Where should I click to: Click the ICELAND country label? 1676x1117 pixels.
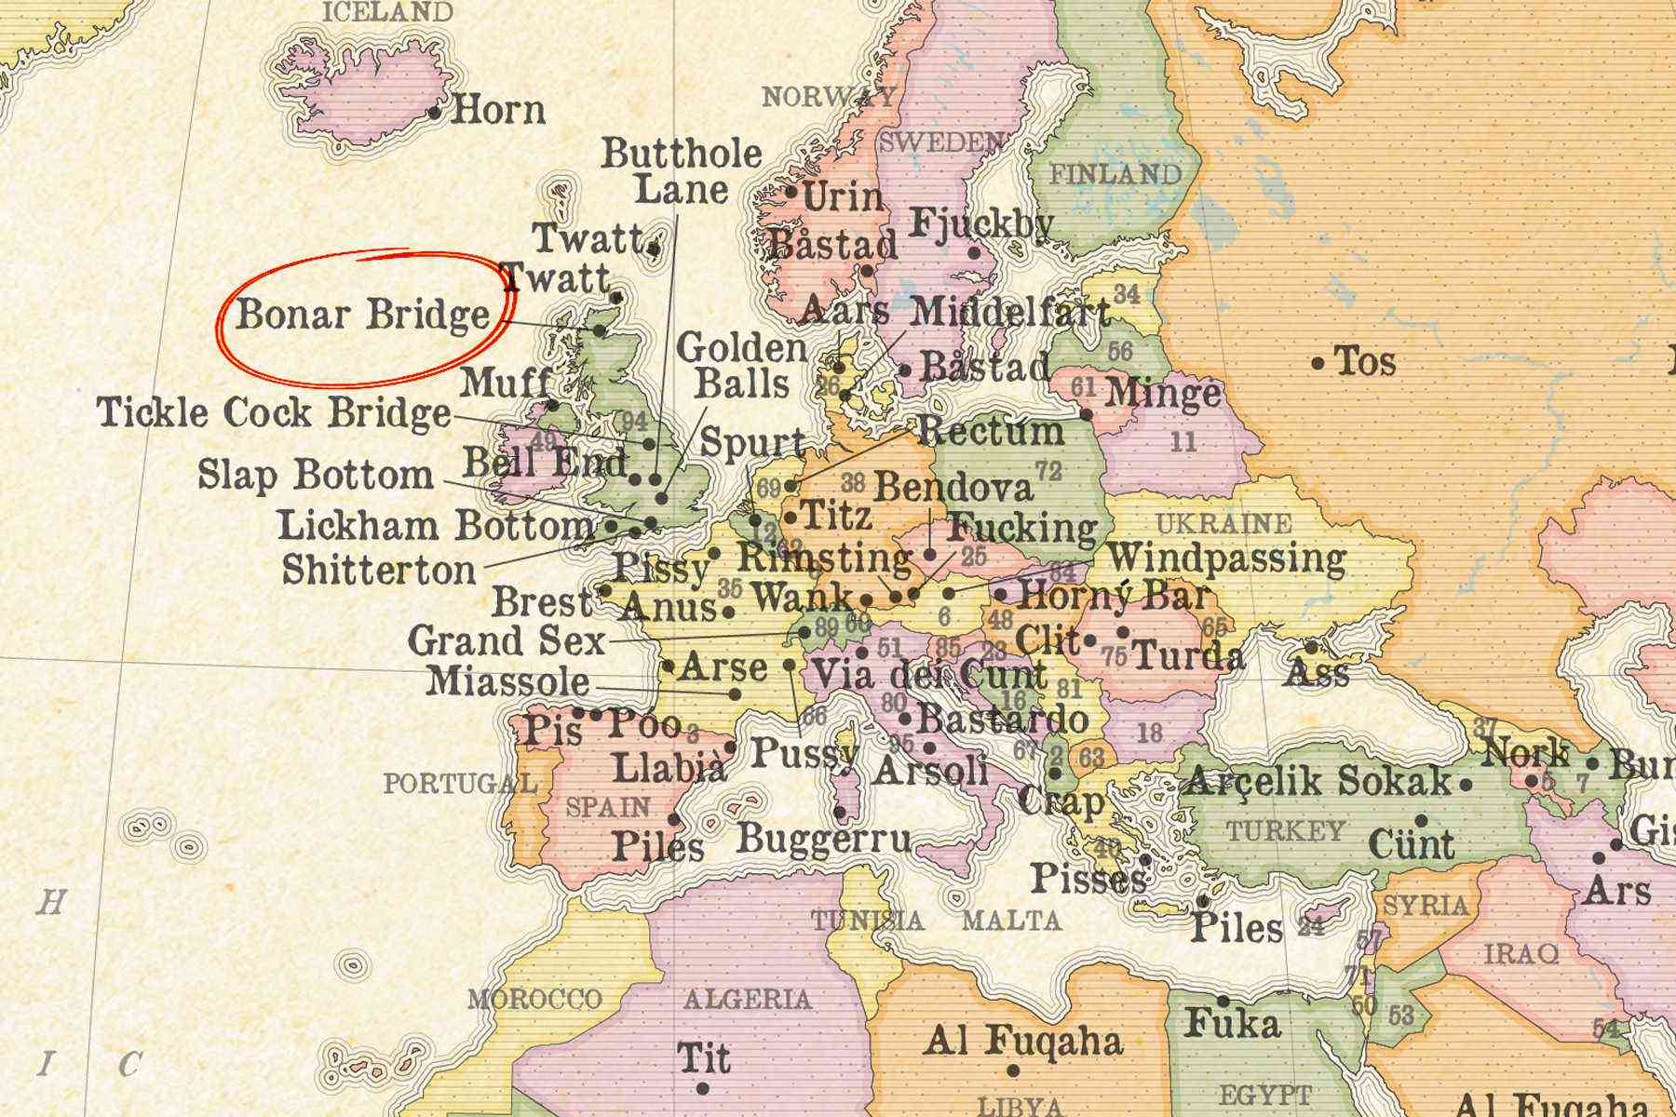point(387,12)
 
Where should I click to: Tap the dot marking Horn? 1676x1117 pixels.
point(435,113)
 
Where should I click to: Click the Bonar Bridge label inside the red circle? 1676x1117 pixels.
point(362,315)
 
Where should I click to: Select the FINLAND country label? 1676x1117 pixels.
point(1115,174)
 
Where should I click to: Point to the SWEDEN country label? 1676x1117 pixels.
point(941,142)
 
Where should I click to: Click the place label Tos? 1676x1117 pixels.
point(1365,361)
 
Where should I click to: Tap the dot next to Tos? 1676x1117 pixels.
point(1318,363)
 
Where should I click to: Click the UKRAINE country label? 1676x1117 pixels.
point(1223,523)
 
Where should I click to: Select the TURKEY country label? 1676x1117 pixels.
point(1286,830)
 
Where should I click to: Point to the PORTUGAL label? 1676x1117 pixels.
point(460,784)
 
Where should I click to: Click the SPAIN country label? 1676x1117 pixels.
point(608,806)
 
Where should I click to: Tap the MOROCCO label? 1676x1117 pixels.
point(534,1000)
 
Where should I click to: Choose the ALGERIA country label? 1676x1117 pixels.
point(748,1000)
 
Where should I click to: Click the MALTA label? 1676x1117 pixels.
point(1011,921)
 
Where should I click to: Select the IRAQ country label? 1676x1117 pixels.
point(1521,953)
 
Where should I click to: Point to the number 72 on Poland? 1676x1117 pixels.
point(1048,472)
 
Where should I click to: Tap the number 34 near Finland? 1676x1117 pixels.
point(1127,294)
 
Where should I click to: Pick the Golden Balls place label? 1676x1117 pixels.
point(742,366)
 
